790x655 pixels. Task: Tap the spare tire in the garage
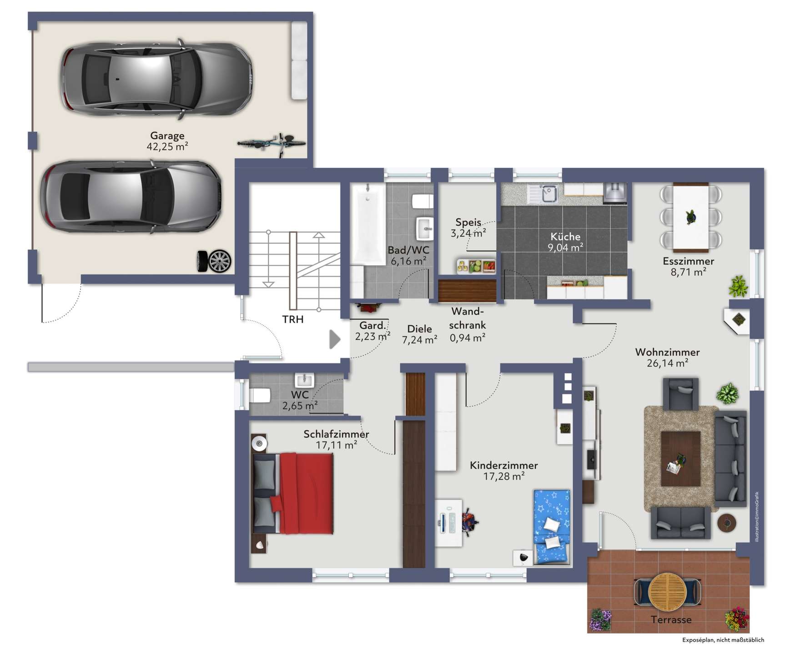click(215, 261)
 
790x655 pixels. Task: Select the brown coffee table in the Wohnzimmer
click(680, 458)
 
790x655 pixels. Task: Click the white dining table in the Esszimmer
click(690, 217)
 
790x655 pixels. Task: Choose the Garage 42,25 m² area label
click(167, 141)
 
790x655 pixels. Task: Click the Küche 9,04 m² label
click(565, 242)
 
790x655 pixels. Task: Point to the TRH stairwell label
click(293, 319)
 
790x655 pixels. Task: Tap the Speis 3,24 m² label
click(468, 228)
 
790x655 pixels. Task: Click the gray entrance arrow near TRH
click(335, 339)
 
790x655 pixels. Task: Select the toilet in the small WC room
click(260, 395)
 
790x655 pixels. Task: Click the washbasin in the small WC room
click(304, 379)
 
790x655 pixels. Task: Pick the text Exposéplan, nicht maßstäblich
click(723, 640)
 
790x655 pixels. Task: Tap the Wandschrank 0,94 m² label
click(468, 325)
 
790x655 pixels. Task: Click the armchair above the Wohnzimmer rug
click(681, 393)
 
